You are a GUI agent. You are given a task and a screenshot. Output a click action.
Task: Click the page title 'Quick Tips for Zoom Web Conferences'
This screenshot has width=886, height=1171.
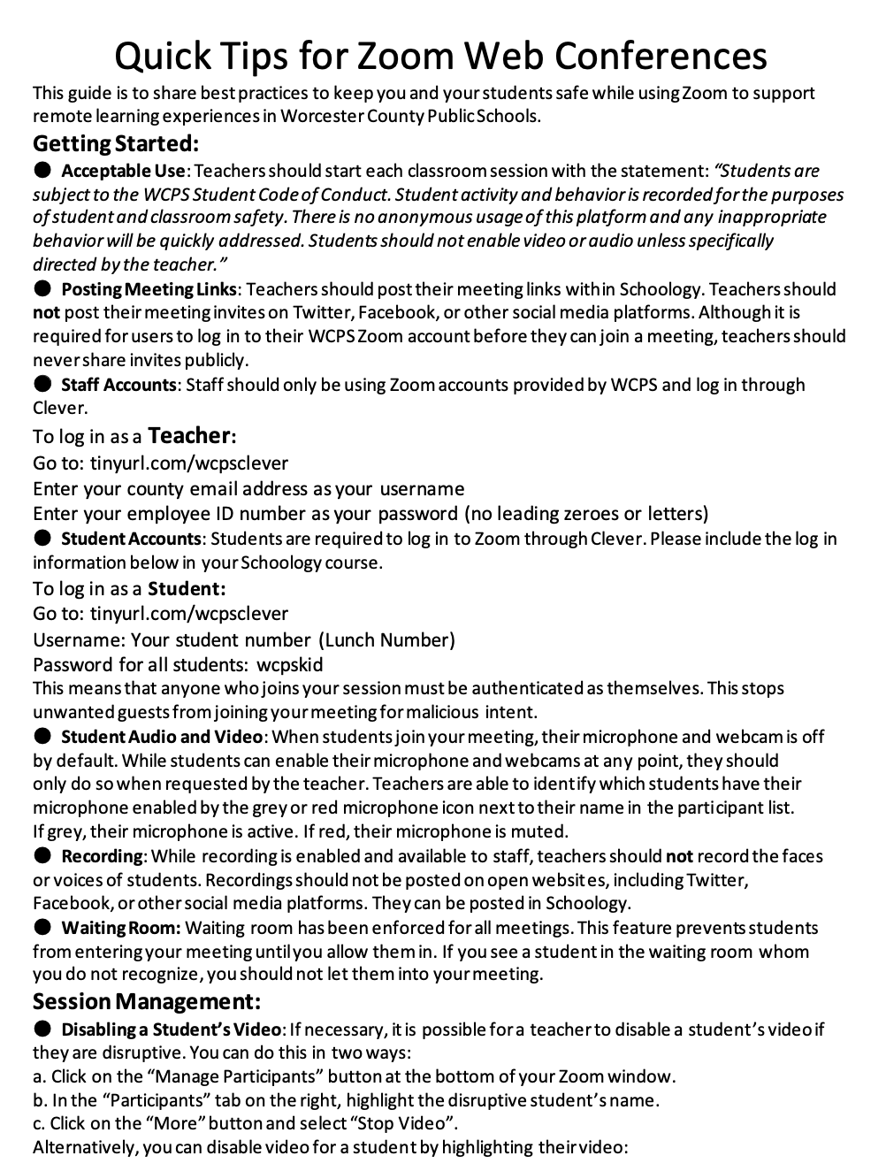440,56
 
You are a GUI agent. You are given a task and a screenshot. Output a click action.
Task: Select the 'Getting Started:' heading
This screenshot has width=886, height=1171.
116,143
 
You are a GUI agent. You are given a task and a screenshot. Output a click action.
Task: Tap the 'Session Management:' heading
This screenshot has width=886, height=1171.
147,1001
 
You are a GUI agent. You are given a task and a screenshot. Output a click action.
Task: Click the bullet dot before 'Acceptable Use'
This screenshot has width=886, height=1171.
42,170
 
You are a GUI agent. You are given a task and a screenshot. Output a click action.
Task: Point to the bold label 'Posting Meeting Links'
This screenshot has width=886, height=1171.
149,289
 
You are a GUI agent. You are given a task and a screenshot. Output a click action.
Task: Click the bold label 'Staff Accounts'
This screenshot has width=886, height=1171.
118,385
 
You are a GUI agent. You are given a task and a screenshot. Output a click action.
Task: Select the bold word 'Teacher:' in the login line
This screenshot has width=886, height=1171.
192,435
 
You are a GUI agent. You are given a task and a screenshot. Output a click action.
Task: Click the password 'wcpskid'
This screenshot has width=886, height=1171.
289,664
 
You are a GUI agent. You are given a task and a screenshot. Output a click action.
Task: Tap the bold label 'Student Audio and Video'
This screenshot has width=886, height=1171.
161,737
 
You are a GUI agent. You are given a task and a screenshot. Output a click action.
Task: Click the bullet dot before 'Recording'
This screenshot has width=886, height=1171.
42,855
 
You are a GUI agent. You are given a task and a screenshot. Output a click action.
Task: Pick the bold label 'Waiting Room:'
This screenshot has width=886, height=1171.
120,928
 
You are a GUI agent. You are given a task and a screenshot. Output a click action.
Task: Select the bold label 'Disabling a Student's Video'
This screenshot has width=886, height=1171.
171,1029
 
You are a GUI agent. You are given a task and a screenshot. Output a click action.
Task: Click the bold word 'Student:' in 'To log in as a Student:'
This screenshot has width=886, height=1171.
187,589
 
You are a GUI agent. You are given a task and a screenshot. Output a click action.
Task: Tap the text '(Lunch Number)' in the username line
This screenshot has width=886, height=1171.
386,639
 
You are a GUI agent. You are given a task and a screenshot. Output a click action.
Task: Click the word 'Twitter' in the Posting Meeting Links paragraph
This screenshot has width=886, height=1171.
321,312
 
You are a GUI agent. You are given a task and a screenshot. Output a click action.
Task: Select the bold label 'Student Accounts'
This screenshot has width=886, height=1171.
131,539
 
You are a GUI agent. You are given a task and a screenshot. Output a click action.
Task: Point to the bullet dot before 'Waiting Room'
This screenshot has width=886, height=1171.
42,927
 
